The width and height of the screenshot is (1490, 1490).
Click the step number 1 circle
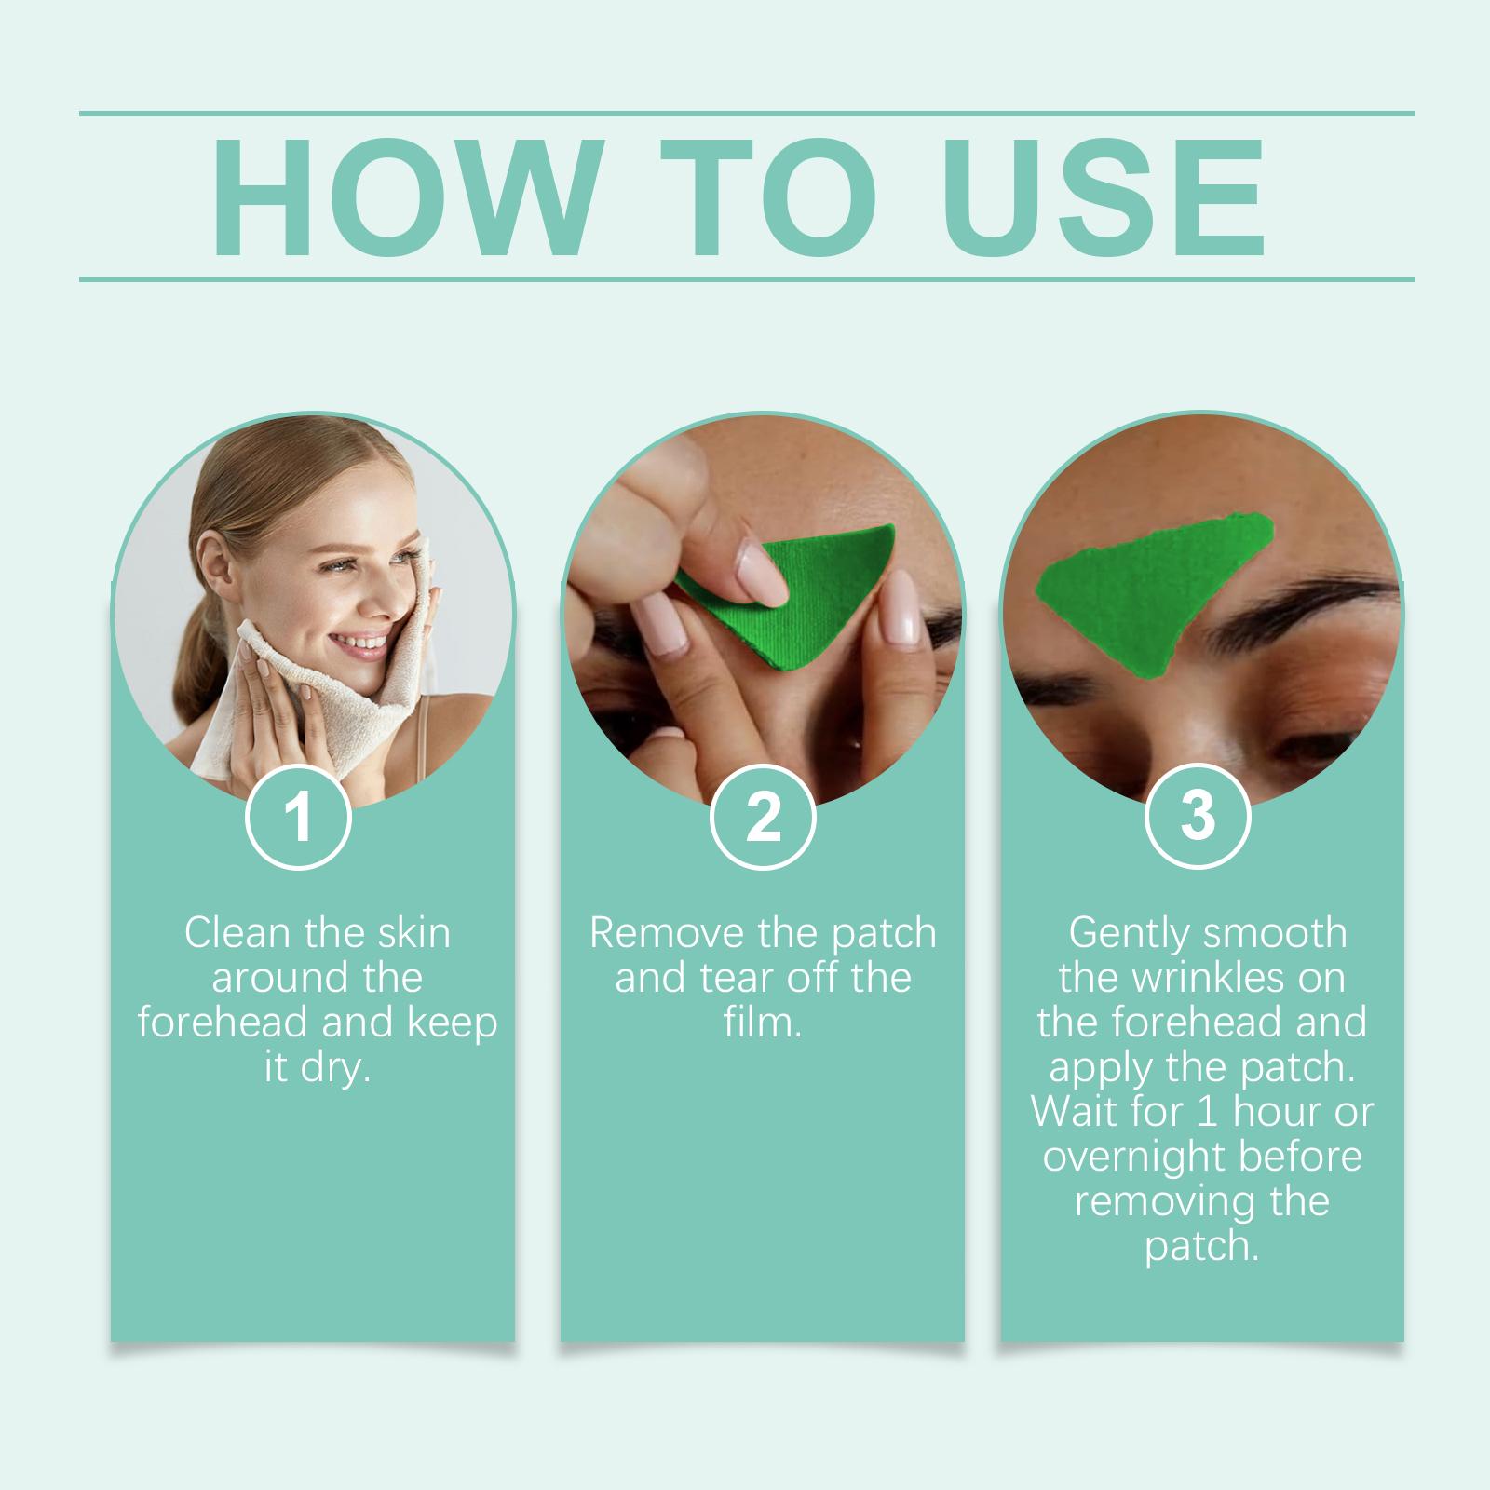[x=298, y=817]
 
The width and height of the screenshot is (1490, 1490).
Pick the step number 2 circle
[x=763, y=817]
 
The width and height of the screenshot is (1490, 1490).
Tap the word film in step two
[x=762, y=1023]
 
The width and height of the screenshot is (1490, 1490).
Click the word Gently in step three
[x=1125, y=934]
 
